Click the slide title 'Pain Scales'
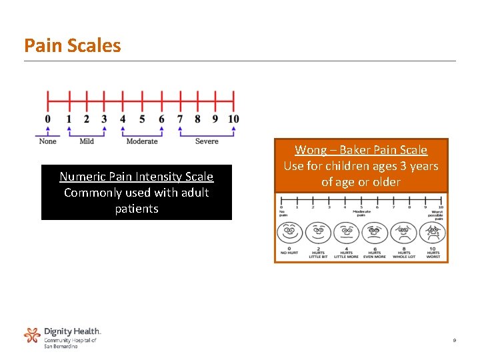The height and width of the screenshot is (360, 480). pyautogui.click(x=73, y=45)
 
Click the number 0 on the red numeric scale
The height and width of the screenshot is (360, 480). pyautogui.click(x=47, y=119)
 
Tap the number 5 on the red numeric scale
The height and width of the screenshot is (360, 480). pyautogui.click(x=142, y=119)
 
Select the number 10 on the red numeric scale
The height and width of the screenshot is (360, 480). pyautogui.click(x=233, y=119)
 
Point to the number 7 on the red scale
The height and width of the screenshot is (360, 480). pyautogui.click(x=180, y=119)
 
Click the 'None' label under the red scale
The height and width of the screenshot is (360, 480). pyautogui.click(x=48, y=141)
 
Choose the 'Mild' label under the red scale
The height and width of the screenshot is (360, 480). pyautogui.click(x=87, y=141)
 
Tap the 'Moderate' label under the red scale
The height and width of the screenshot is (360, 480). pyautogui.click(x=142, y=141)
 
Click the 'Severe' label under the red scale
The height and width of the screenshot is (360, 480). pyautogui.click(x=207, y=141)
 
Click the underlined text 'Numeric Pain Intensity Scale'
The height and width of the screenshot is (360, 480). pyautogui.click(x=137, y=177)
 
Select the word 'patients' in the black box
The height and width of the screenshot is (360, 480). pyautogui.click(x=137, y=209)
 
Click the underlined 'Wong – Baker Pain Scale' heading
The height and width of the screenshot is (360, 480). pyautogui.click(x=361, y=150)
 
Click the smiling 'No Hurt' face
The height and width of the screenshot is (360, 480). pyautogui.click(x=289, y=233)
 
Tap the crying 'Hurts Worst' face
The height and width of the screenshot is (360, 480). pyautogui.click(x=433, y=233)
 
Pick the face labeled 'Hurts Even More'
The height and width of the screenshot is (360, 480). pyautogui.click(x=375, y=233)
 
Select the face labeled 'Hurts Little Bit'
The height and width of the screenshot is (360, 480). pyautogui.click(x=318, y=233)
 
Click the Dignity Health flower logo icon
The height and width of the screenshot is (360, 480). pyautogui.click(x=32, y=335)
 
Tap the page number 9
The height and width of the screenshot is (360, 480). pyautogui.click(x=454, y=341)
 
